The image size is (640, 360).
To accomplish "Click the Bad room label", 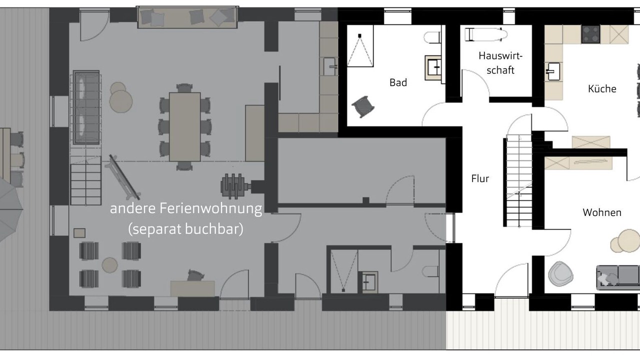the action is click(398, 82).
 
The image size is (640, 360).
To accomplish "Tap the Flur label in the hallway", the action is click(480, 178).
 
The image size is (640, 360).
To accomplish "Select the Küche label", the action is click(602, 88).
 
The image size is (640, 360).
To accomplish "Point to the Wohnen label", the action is click(602, 212).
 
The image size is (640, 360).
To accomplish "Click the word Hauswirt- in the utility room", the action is click(500, 55).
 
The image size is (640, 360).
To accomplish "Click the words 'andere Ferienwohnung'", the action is click(185, 208).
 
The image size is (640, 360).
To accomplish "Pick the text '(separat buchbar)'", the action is click(185, 229).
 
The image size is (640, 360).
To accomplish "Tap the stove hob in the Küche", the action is click(590, 34).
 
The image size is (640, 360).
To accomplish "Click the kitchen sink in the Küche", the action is click(553, 71).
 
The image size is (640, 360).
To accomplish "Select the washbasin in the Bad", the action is click(433, 67).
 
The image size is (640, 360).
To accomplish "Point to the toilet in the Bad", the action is click(432, 37).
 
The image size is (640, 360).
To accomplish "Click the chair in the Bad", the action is click(363, 106).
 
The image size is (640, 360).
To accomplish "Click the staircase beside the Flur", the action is click(518, 181).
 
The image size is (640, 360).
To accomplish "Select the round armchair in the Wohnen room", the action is click(560, 273).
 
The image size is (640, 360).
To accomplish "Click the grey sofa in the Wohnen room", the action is click(618, 277).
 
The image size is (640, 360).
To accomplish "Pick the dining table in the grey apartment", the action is click(184, 127).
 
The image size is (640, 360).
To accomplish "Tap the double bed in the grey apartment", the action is click(86, 107).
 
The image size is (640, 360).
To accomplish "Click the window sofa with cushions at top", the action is click(187, 17).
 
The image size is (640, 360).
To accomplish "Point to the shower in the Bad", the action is click(360, 46).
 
